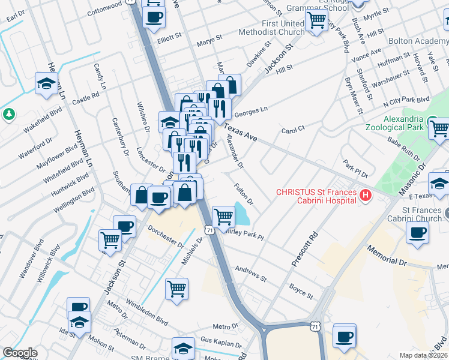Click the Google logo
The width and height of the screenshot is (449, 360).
pos(20,353)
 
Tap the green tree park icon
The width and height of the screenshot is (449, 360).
pos(9,113)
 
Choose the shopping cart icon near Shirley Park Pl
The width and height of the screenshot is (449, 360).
pos(223,216)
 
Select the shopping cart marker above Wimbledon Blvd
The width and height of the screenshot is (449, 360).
pos(176,289)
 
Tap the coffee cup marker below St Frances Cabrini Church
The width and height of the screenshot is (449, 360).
pos(417,233)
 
